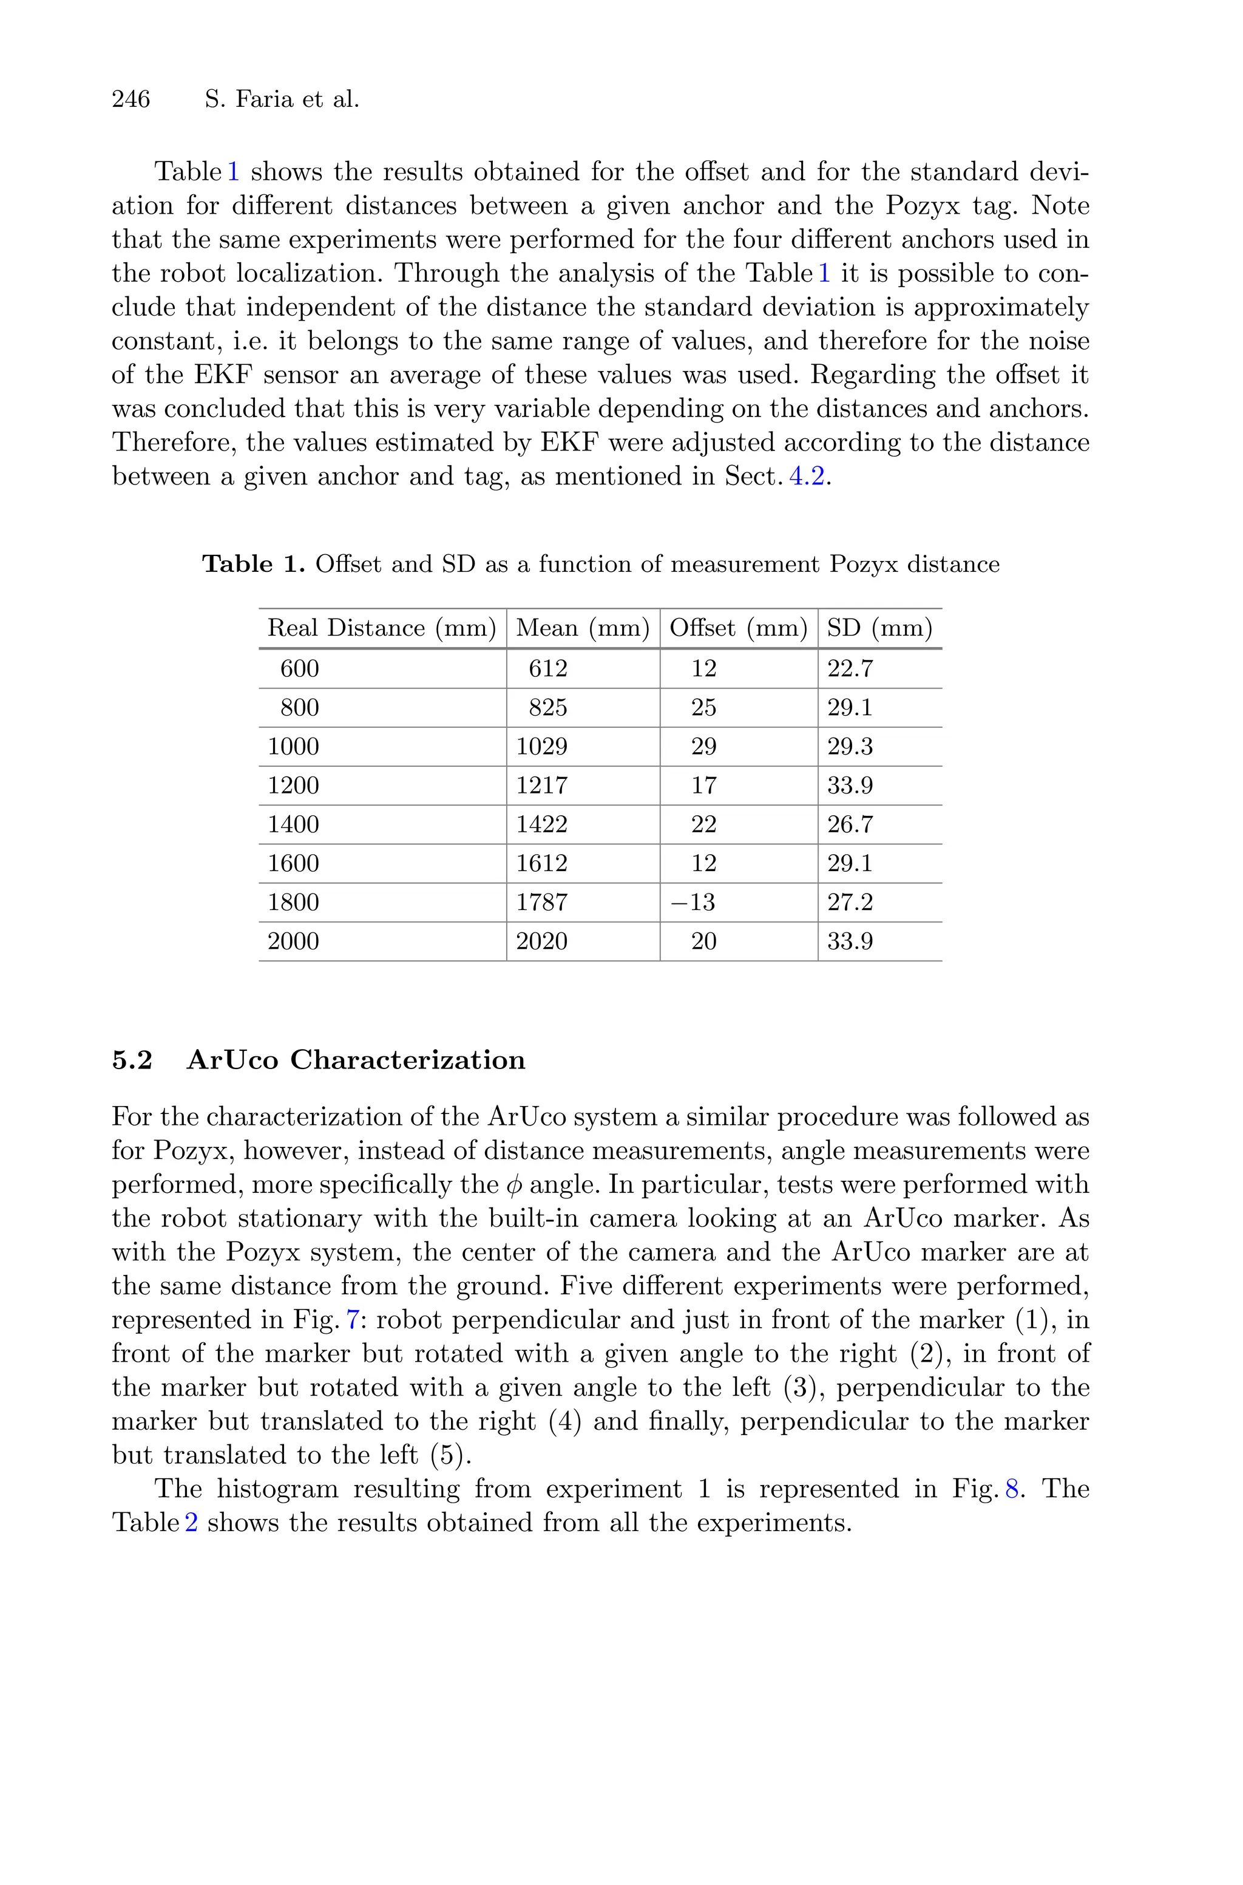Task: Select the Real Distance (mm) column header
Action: pyautogui.click(x=381, y=628)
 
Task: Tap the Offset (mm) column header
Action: pyautogui.click(x=738, y=628)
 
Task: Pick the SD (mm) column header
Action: pyautogui.click(x=879, y=628)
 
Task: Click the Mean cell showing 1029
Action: pyautogui.click(x=541, y=747)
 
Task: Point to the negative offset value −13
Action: pyautogui.click(x=693, y=902)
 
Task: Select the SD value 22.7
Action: pyautogui.click(x=850, y=669)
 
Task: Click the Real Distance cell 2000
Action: pyautogui.click(x=293, y=942)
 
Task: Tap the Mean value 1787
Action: pyautogui.click(x=541, y=902)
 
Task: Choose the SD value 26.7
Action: pyautogui.click(x=850, y=824)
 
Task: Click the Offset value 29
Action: pyautogui.click(x=703, y=747)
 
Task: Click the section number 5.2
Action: pyautogui.click(x=132, y=1060)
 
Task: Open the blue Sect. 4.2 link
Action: pyautogui.click(x=807, y=477)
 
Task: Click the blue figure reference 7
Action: pyautogui.click(x=353, y=1320)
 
